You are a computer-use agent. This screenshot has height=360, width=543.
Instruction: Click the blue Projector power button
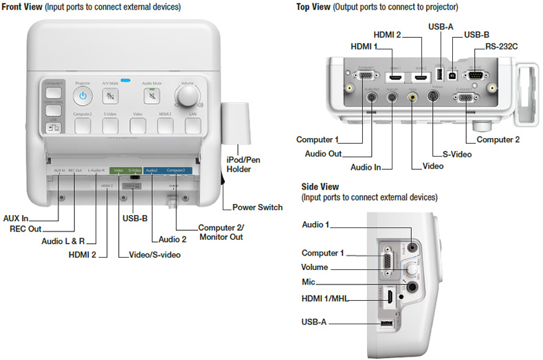(82, 95)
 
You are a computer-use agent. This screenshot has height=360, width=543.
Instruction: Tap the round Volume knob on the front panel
(186, 96)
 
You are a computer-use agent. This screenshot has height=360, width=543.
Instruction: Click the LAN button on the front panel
(193, 125)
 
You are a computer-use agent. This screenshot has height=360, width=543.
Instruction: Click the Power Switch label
(257, 207)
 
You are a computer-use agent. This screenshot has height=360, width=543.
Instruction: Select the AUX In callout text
(16, 218)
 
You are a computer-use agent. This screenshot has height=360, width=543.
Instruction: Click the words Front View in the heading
(23, 7)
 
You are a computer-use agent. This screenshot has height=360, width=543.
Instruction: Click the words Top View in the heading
(312, 7)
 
